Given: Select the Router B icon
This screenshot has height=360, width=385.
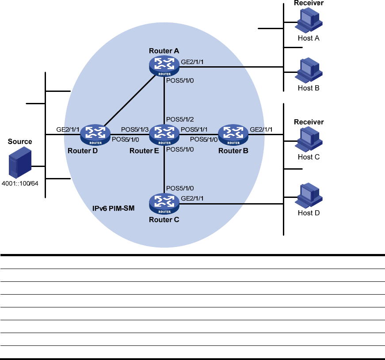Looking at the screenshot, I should coord(233,135).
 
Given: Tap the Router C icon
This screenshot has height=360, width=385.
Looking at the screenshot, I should coord(164,204).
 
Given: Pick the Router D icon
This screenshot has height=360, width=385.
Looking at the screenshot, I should coord(95,135).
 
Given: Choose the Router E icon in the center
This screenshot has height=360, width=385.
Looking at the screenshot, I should coord(164,135).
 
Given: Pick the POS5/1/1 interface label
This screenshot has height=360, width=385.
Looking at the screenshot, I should coord(195,129).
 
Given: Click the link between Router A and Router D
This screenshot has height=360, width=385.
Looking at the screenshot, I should coord(129,101).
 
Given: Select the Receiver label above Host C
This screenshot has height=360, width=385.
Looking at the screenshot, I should coord(309,122).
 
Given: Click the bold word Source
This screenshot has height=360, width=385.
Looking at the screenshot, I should coord(20,142).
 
